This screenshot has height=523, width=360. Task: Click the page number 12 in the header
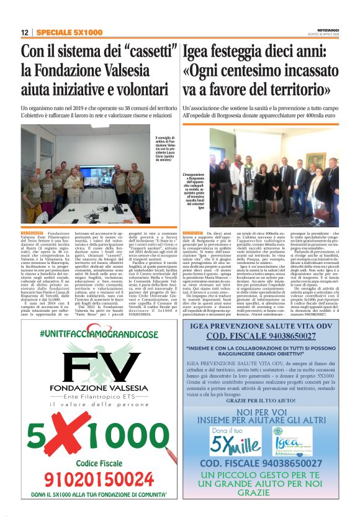tap(25, 32)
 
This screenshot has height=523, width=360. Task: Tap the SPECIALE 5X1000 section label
tap(61, 32)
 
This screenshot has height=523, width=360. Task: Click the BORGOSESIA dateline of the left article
tap(32, 232)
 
